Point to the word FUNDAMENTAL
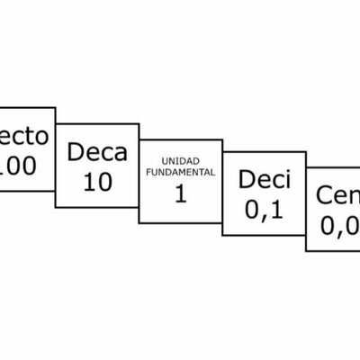pos(180,169)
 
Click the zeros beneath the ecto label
pos(22,166)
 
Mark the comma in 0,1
pos(262,214)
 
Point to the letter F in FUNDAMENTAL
pos(148,169)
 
